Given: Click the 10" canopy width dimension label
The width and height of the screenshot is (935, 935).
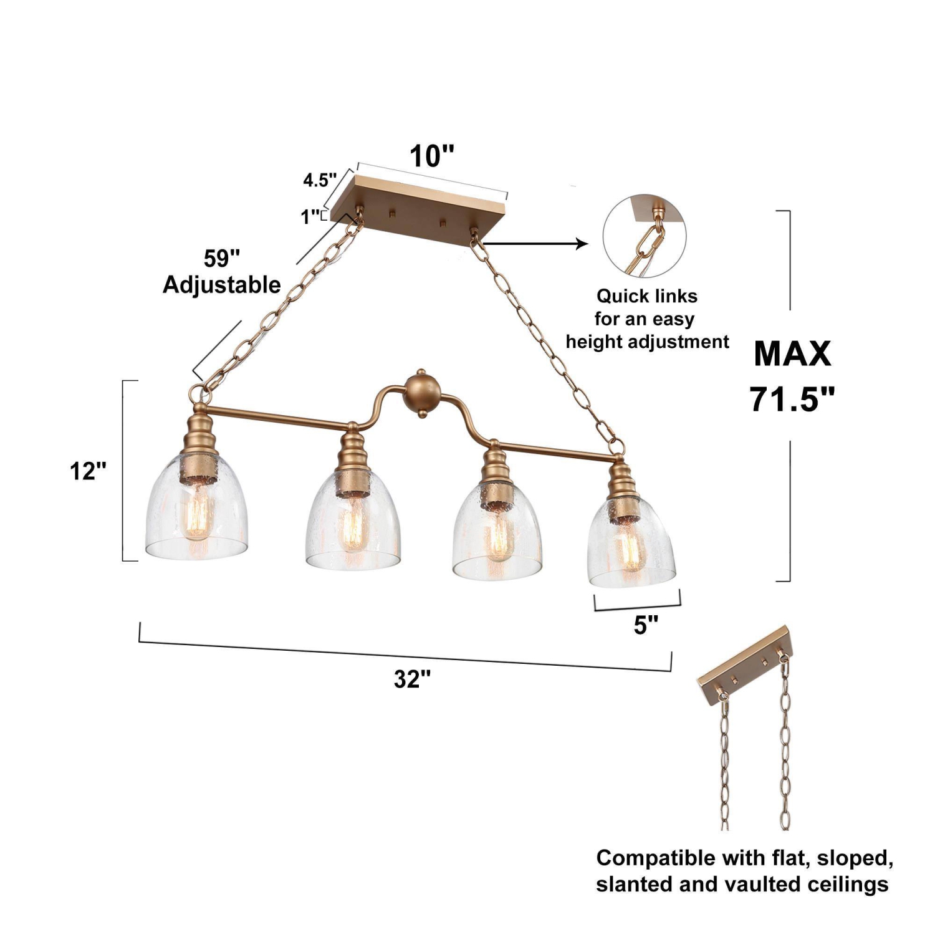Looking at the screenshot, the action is [x=432, y=156].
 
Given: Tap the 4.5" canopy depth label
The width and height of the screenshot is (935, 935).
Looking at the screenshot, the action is [x=320, y=180].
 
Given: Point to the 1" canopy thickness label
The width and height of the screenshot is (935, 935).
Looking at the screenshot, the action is [x=310, y=217].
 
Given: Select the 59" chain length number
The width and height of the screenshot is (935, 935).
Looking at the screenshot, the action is [x=222, y=258].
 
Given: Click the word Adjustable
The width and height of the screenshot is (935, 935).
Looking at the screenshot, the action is [x=222, y=285].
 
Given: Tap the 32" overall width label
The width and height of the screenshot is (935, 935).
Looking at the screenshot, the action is [x=413, y=679].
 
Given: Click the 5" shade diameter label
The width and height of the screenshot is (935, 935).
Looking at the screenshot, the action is [x=646, y=625].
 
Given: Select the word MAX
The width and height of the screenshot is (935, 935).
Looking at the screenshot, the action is [x=792, y=353].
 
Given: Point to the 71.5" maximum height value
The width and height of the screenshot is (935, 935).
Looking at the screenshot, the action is [x=792, y=399].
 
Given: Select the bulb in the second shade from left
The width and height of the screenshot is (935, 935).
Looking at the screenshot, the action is [x=353, y=527].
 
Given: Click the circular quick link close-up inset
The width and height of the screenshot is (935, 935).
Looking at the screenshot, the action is [x=644, y=237].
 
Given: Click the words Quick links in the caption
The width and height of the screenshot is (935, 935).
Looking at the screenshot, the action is [x=647, y=295].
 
